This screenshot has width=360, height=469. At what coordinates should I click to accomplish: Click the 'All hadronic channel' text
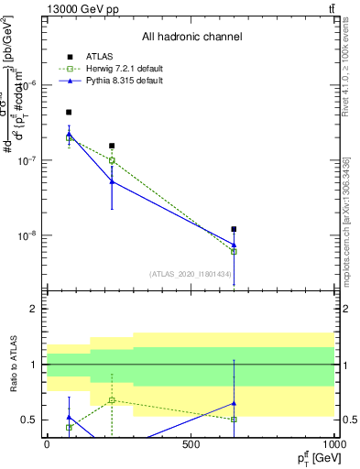point(190,37)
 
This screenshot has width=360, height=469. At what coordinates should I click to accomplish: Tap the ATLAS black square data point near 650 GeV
point(235,229)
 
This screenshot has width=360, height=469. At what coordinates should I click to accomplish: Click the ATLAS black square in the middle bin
point(112,146)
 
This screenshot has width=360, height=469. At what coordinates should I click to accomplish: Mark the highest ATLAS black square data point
point(69,112)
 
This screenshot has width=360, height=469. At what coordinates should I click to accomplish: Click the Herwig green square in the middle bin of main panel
point(112,160)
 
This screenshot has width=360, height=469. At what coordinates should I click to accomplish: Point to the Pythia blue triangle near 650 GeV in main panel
point(235,245)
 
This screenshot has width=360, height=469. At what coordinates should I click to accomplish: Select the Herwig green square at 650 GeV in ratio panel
point(235,420)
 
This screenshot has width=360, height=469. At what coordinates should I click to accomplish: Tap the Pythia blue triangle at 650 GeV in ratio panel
point(235,402)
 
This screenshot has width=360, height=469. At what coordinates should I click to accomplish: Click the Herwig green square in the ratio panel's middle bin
point(112,400)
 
